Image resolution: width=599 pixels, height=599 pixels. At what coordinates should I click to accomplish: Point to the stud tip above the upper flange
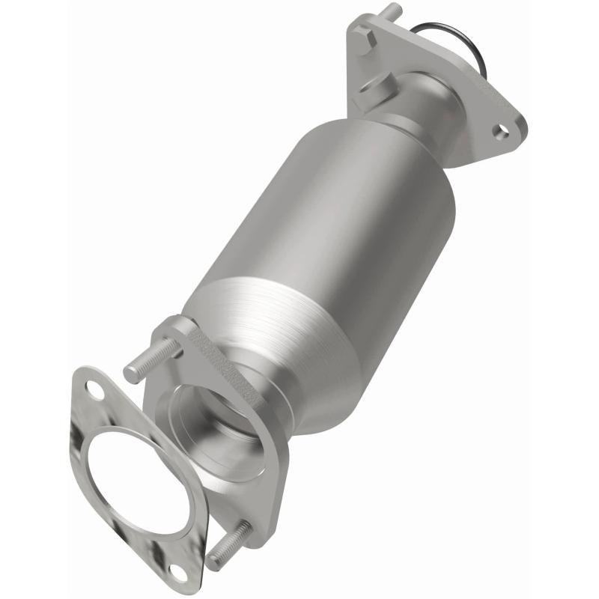coord(392,10)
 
